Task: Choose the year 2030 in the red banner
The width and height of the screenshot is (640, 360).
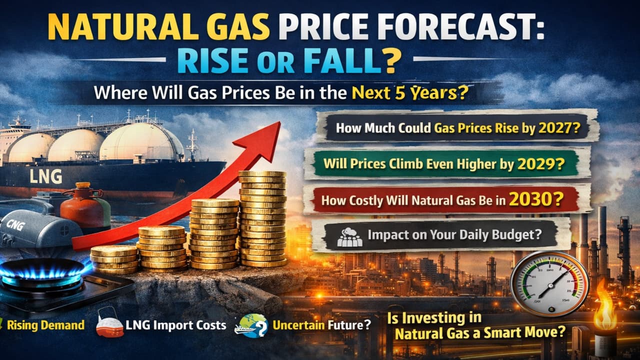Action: [x=532, y=199]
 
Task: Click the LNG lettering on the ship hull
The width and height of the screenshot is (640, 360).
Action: [x=46, y=176]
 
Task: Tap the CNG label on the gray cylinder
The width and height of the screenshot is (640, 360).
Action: [x=15, y=225]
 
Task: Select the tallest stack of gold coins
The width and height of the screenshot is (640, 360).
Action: [x=263, y=219]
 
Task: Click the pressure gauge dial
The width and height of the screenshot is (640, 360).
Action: [x=549, y=284]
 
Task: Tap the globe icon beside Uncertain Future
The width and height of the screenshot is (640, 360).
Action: [x=252, y=325]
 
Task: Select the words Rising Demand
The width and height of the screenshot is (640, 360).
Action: [x=45, y=325]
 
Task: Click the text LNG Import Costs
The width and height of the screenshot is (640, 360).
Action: [x=176, y=325]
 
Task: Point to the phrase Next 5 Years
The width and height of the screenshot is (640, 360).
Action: [x=404, y=92]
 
